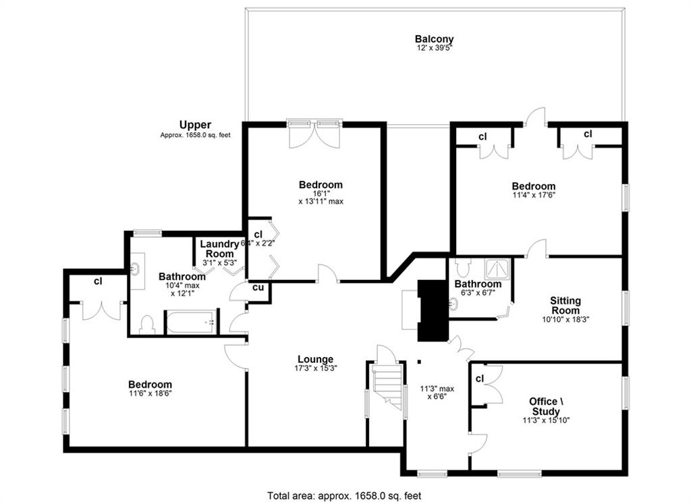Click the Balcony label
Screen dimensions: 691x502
[434, 39]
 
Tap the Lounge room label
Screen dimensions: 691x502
[316, 359]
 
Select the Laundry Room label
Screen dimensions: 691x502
[219, 248]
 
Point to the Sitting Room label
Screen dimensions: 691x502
[565, 305]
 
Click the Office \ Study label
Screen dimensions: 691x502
[546, 406]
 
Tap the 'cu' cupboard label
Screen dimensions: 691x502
[258, 287]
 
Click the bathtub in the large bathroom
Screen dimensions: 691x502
[191, 323]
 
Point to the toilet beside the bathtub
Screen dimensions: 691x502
[146, 325]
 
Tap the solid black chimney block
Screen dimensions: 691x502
[433, 310]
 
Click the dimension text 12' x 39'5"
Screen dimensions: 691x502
[435, 48]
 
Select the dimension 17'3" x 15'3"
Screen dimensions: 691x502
[316, 368]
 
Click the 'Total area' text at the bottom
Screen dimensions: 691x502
[343, 496]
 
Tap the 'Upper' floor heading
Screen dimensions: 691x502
[195, 125]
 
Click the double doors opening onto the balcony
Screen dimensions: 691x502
[314, 134]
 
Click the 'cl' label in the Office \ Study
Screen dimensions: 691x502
[480, 379]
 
